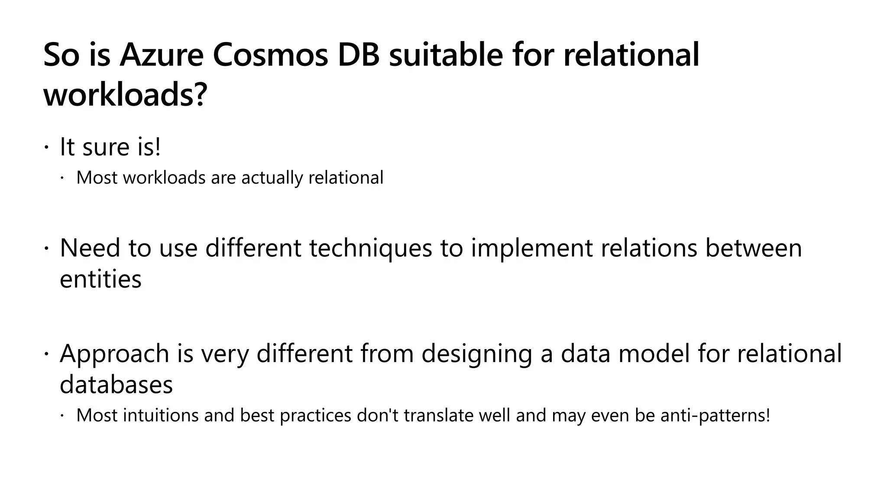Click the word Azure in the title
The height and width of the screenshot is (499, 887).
[162, 55]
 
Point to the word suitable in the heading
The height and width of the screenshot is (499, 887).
[446, 55]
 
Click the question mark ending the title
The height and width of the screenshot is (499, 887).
[199, 95]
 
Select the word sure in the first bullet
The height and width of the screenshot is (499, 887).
[106, 147]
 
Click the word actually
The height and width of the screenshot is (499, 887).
[272, 178]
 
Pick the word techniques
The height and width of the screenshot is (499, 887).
[371, 249]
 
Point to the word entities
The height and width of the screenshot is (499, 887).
[100, 279]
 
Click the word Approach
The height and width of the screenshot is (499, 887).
[114, 354]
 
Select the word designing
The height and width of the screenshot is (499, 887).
[476, 354]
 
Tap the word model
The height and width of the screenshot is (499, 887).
[654, 353]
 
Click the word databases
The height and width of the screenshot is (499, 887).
[116, 384]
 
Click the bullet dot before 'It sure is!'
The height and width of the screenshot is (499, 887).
[46, 148]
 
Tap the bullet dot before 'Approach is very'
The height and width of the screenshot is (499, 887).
[46, 354]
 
